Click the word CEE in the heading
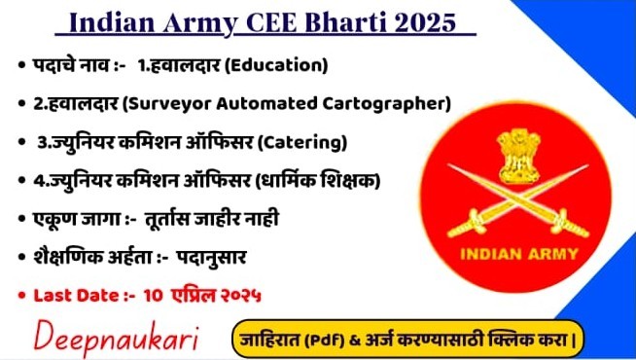[x=282, y=21]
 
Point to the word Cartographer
[x=389, y=104]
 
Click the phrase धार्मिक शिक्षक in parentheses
[x=320, y=181]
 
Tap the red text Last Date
[x=73, y=294]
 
